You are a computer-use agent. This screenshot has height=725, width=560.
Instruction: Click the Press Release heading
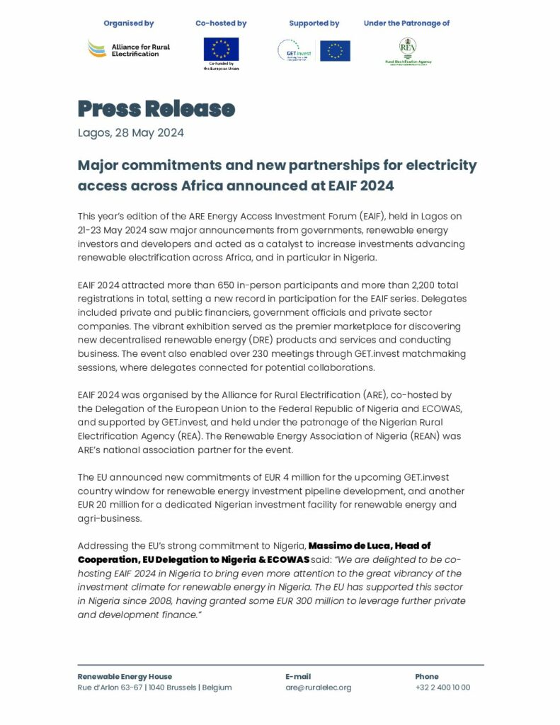156,108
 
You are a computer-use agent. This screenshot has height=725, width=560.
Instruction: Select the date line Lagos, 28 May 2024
131,132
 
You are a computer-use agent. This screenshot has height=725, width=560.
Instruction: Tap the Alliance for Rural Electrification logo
128,50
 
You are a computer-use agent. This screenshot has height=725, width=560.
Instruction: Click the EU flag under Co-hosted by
221,49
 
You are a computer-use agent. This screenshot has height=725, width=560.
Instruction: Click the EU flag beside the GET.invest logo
335,51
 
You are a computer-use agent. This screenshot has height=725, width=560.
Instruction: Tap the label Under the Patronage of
406,23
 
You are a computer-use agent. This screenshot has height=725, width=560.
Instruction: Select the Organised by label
128,23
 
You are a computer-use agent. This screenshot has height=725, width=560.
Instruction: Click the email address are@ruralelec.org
318,687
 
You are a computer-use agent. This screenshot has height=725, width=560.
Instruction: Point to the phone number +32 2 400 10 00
442,687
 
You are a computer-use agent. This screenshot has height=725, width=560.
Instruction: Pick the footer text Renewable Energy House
125,676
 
